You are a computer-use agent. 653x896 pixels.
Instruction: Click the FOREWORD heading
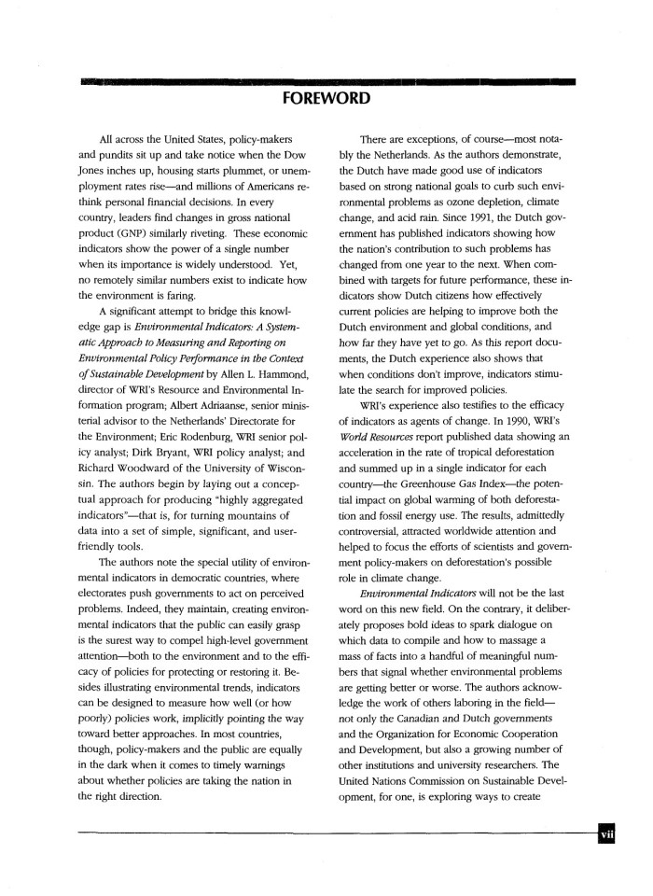[x=326, y=98]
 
